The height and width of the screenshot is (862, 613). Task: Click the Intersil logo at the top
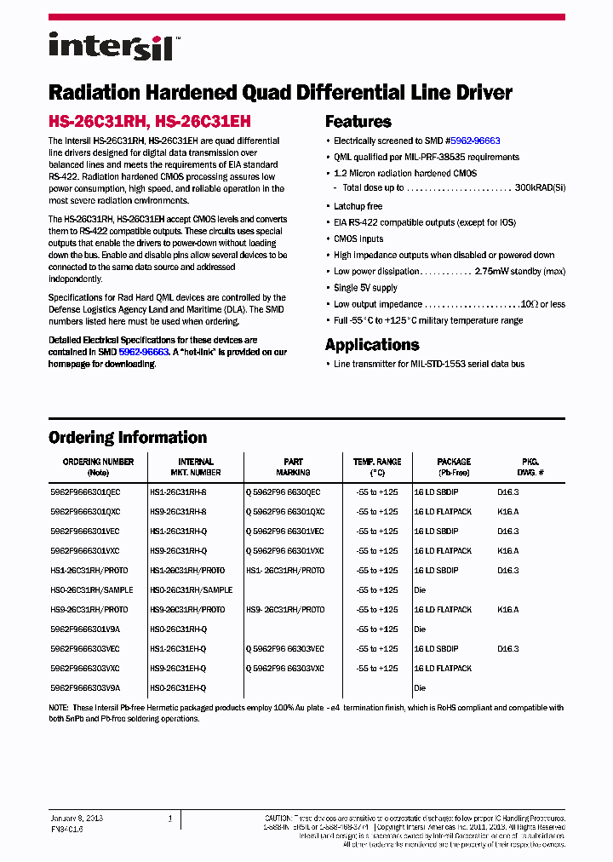pos(111,46)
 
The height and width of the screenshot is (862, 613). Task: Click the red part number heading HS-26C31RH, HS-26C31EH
pos(149,122)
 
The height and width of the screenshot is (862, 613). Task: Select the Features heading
pos(358,122)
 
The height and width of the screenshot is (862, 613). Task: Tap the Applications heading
pos(372,345)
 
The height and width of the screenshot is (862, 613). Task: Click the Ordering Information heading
pos(128,438)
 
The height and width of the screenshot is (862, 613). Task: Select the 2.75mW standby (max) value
pos(519,272)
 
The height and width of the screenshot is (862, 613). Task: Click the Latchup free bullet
pos(358,206)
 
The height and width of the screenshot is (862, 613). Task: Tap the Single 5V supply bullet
pos(366,288)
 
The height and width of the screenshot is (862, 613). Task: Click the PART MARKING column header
pos(293,467)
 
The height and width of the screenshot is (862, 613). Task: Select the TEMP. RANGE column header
pos(376,467)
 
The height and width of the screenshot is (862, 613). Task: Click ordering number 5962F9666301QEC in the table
pos(85,492)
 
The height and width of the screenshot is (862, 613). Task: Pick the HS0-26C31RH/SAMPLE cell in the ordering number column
pos(94,590)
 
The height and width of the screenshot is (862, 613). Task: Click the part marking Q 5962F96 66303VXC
pos(285,669)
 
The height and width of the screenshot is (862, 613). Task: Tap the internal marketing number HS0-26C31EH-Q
pos(178,688)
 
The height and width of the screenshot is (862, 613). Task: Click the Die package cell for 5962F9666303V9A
pos(420,688)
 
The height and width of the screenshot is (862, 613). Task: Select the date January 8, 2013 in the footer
pos(77,818)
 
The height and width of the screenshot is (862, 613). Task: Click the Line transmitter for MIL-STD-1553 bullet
pos(429,365)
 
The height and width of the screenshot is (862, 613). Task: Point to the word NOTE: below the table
pos(60,708)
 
